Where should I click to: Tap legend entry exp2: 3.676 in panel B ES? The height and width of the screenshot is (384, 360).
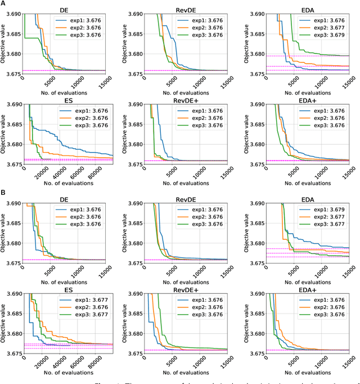88,310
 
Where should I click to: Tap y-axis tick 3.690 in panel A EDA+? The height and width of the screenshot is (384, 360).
252,105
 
